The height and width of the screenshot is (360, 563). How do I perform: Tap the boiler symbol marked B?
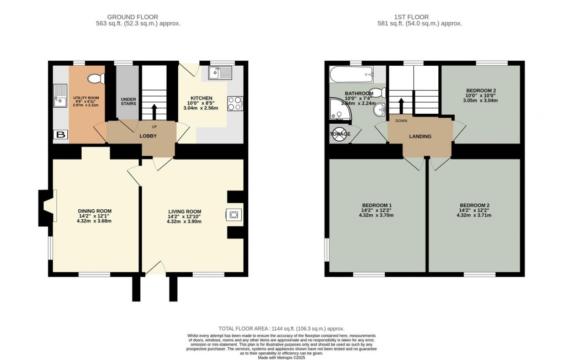tap(59, 134)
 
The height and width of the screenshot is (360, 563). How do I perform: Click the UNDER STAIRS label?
tap(128, 102)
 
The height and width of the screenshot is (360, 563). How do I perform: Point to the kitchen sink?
tap(223, 72)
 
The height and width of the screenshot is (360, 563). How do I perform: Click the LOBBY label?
tap(147, 136)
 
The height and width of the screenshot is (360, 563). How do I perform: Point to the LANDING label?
tap(420, 136)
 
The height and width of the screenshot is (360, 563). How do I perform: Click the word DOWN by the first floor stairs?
tap(401, 120)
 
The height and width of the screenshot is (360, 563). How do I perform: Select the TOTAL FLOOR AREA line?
tap(281, 327)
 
